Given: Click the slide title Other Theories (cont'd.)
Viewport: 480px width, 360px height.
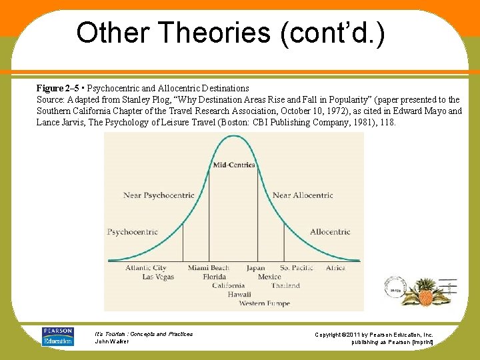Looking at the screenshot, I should point(230,32).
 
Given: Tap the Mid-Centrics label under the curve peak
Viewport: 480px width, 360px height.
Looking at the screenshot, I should point(233,165).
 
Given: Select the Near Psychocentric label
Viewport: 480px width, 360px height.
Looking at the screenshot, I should point(159,195).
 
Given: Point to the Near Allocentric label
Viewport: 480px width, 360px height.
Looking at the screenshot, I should point(303,195).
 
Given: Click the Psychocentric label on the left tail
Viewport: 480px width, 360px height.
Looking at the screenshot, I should point(133,232).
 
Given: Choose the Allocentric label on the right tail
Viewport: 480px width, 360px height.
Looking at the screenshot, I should point(329,232).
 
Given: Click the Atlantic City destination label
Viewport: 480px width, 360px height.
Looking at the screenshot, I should point(146,268).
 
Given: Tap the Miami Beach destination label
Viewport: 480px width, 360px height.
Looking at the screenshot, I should point(208,268).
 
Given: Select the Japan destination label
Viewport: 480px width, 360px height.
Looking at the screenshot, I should point(255,268).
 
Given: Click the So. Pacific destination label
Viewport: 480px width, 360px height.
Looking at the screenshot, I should point(296,268).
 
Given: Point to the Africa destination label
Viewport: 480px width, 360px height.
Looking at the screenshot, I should point(335,268).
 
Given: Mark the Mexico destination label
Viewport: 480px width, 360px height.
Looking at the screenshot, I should point(269,277).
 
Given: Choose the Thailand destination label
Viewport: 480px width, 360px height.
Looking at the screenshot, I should point(285,285).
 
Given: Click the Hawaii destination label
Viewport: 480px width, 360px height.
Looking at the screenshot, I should point(239,294).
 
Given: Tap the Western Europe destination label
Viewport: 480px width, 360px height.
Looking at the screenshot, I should point(265,303).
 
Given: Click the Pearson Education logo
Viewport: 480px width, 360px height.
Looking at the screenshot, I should point(57,336).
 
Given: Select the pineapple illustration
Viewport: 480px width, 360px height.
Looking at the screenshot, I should point(425,293).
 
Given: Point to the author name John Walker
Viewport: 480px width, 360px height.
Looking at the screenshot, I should point(111,341).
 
